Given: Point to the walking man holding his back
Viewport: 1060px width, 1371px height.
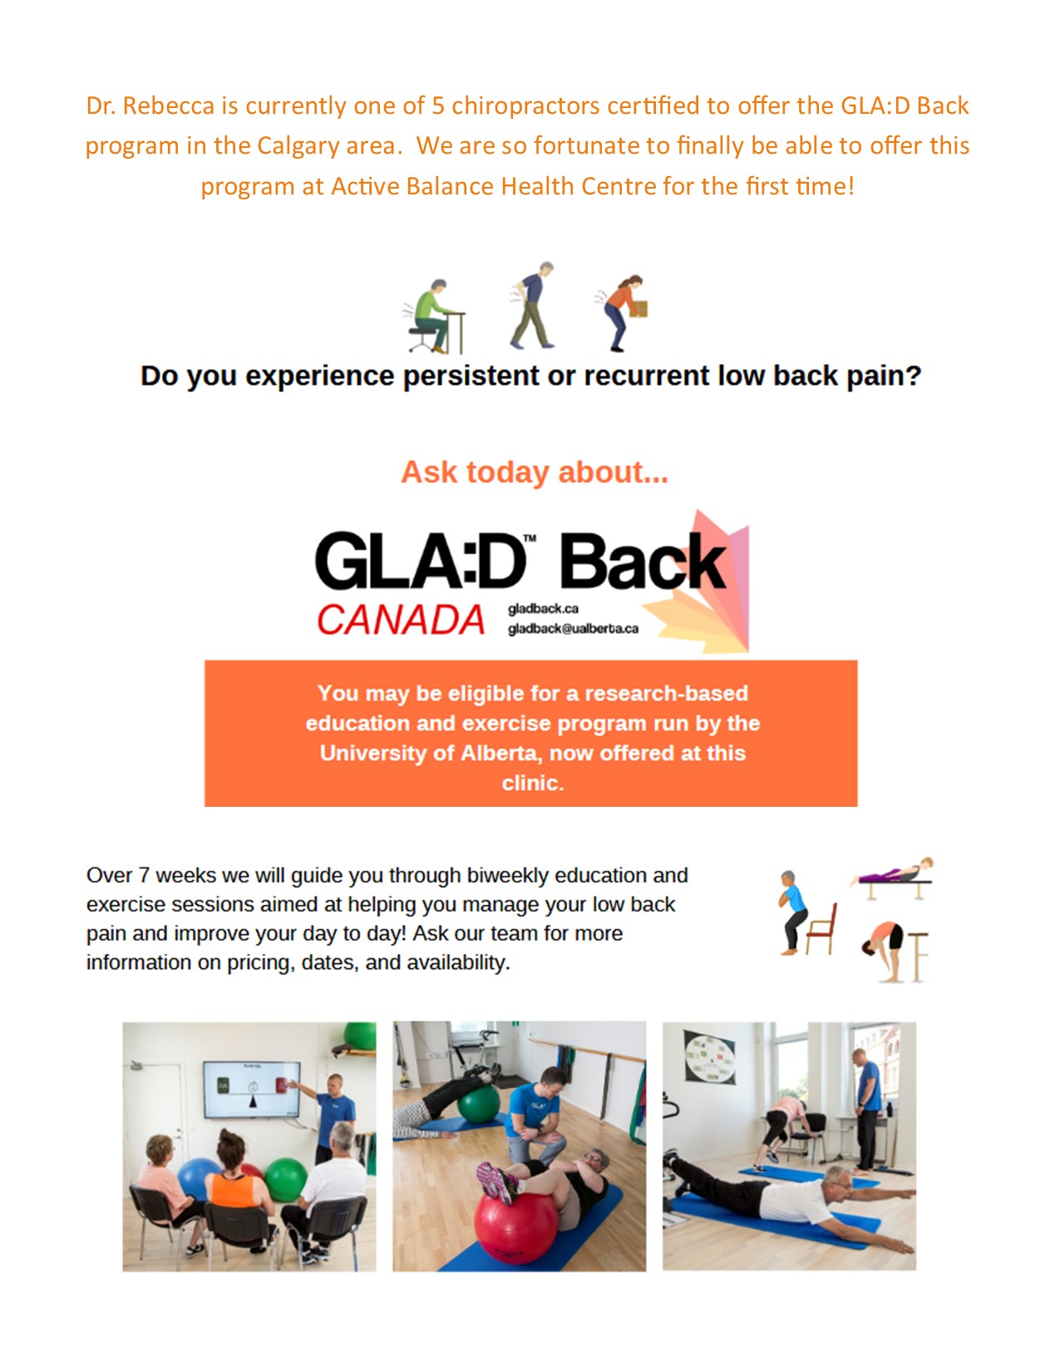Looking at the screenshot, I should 533,306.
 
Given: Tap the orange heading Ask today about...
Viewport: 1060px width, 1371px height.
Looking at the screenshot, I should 534,472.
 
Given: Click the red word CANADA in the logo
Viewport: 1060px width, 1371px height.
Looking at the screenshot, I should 401,620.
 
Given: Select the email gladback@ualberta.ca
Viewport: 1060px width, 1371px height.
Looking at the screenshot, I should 573,629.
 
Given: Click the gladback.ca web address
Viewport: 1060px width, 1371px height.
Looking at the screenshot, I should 543,609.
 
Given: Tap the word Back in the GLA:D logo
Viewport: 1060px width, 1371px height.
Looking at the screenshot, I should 641,563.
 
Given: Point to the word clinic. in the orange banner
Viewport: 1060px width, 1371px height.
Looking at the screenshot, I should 532,783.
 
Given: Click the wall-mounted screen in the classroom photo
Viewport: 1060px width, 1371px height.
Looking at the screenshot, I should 252,1088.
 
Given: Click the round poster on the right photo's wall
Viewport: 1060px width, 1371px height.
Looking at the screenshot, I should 709,1056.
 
